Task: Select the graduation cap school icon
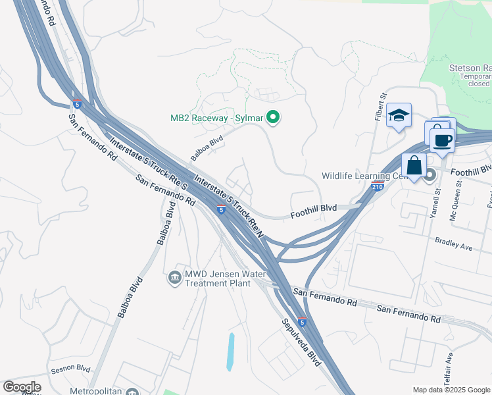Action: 399,115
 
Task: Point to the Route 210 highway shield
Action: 377,186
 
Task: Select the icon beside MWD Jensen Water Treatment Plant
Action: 175,276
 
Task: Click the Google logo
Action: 22,387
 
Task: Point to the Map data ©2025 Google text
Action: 451,390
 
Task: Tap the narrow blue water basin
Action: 230,352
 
